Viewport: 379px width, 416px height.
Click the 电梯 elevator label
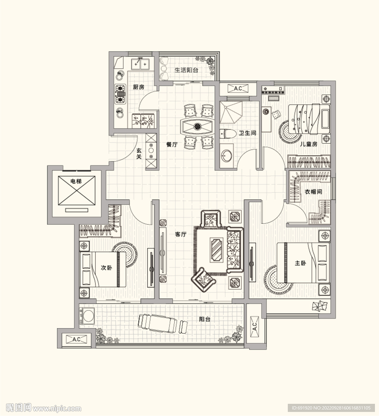[76, 182]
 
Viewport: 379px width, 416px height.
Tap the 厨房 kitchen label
[139, 87]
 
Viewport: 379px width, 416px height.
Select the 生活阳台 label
[186, 70]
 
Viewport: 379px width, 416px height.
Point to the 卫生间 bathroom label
[247, 133]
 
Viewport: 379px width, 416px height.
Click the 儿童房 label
[308, 144]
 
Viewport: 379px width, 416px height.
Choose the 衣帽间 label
[313, 191]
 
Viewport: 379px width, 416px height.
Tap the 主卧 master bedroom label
[300, 263]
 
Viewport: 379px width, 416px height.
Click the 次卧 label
[106, 267]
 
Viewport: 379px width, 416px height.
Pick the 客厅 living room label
[181, 234]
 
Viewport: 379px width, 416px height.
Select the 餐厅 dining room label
[172, 144]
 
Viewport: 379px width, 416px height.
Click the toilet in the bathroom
[228, 134]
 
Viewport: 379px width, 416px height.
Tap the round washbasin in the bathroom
[227, 156]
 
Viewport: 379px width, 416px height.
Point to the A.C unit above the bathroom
[238, 88]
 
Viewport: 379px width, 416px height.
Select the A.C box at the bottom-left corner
[77, 339]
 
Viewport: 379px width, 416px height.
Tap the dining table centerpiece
[197, 126]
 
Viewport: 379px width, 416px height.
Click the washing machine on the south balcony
[87, 315]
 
